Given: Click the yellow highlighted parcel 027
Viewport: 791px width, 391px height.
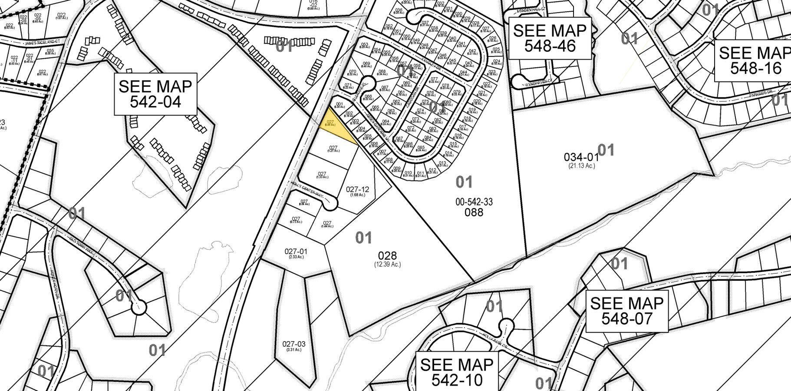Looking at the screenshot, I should pos(333,127).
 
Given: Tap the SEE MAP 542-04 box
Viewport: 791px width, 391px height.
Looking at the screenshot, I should pos(155,94).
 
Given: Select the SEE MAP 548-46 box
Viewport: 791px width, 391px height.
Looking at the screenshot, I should pos(550,38).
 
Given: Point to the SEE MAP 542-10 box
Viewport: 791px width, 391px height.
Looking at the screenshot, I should pos(457,372).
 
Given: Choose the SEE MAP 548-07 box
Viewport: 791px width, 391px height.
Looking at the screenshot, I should pos(626,311).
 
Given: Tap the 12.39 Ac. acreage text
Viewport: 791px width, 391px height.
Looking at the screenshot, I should pos(387,264).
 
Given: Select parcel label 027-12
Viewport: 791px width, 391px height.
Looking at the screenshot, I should pos(358,189).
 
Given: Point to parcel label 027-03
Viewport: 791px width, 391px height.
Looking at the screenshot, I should pos(294,344).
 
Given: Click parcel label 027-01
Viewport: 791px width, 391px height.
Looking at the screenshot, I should pos(296,251).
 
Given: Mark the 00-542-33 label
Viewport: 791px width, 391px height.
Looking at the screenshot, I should pos(474,202).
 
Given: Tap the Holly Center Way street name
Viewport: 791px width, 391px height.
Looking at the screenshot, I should pos(308,190).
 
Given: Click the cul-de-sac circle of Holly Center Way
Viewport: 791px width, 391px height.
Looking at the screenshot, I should pos(332,202).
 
